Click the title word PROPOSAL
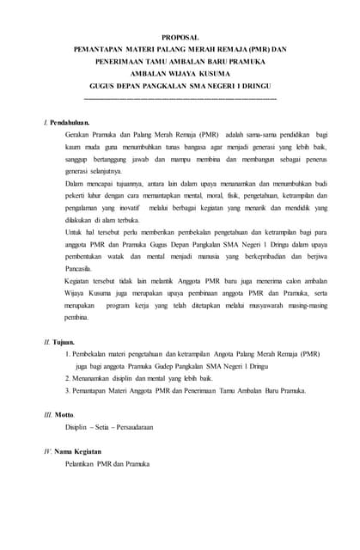(x=180, y=38)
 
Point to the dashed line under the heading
(x=180, y=100)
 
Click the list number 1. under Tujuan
(x=68, y=353)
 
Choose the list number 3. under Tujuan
(x=68, y=390)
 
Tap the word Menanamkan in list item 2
(x=95, y=378)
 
